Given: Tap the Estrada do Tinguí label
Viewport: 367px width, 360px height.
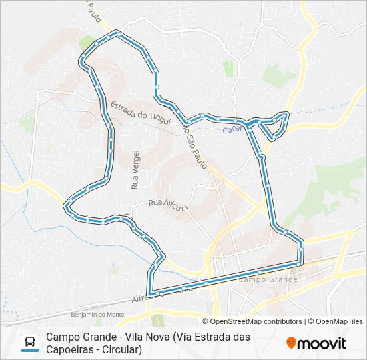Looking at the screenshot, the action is [137, 111].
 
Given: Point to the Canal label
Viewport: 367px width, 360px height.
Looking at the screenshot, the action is [232, 130].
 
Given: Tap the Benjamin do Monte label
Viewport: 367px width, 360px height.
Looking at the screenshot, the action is [98, 314].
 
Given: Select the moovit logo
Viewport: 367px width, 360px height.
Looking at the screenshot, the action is [316, 343].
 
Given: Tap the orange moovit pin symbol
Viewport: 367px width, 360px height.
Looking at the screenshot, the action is [291, 343].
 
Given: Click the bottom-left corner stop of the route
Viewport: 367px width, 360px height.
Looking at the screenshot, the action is [151, 293].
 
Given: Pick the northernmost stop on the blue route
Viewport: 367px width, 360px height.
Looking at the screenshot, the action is [117, 32].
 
